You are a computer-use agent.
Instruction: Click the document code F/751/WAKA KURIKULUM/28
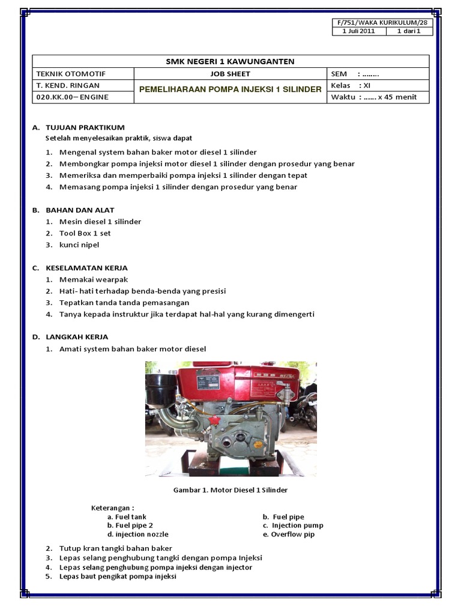(382, 23)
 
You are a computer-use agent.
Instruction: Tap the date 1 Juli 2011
(358, 31)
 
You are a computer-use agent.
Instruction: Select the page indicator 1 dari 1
(409, 31)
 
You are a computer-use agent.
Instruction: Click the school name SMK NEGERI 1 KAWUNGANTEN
(230, 61)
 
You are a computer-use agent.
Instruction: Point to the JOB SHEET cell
(230, 74)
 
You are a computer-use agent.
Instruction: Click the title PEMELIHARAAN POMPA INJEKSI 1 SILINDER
(230, 89)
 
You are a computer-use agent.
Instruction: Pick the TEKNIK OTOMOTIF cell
(71, 74)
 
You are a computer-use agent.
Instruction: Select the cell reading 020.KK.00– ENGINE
(73, 97)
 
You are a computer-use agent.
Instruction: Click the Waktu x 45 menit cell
(373, 97)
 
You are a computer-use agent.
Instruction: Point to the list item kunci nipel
(79, 244)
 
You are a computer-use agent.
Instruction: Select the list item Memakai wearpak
(94, 279)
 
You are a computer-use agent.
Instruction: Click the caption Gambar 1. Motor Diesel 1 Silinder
(230, 490)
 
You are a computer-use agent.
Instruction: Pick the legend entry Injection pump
(298, 526)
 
